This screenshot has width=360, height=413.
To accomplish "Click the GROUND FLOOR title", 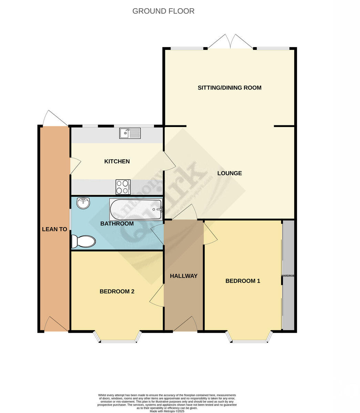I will [x=163, y=11].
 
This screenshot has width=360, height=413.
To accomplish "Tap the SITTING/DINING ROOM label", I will [x=229, y=88].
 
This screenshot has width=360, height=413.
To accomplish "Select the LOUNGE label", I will [x=229, y=173].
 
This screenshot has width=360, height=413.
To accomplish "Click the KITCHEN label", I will [x=117, y=161].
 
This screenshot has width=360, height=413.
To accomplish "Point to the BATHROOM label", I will [x=117, y=224].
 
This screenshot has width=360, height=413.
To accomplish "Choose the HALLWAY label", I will [x=184, y=276].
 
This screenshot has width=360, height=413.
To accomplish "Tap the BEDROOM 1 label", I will [x=243, y=281].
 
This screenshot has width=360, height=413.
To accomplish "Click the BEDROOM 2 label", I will [x=117, y=292].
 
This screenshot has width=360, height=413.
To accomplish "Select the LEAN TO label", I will [x=54, y=229].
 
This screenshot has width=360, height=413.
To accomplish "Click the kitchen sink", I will [x=130, y=133].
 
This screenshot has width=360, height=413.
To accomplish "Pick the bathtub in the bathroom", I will [x=136, y=210].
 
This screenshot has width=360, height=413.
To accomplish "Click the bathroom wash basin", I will [x=83, y=203].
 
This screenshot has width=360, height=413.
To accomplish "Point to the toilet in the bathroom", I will [x=83, y=241].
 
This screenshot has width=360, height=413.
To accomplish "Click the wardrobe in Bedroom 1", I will [x=288, y=275].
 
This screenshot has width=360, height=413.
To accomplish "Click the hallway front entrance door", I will [x=185, y=325].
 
